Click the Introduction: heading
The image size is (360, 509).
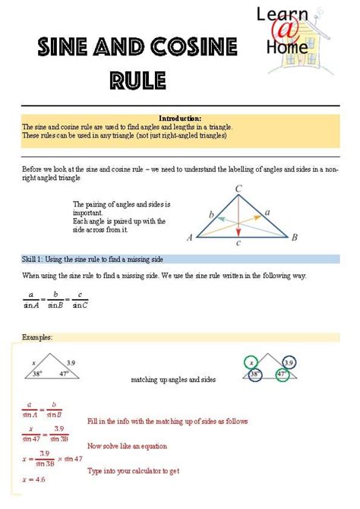point(180,119)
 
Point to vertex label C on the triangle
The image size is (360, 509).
point(238,188)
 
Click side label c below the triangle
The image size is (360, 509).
point(238,243)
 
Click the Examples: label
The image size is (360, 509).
point(37,336)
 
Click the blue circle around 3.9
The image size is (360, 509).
point(289,362)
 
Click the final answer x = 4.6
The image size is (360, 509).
point(34,479)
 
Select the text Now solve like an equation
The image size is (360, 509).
point(127,446)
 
